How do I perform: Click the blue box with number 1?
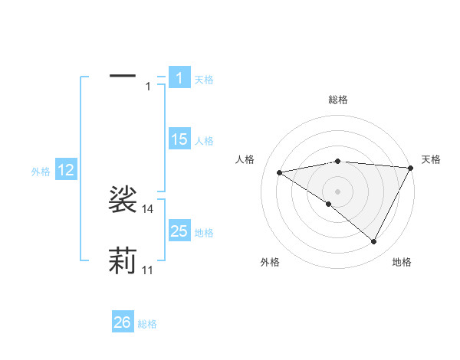click(179, 78)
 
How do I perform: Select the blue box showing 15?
click(179, 139)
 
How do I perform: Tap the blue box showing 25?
click(179, 231)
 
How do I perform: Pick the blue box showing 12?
click(66, 170)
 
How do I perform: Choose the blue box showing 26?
click(122, 322)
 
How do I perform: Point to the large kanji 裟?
click(123, 200)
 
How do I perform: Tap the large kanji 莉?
click(123, 260)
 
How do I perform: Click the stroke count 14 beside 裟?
click(148, 209)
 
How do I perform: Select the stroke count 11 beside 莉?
click(148, 270)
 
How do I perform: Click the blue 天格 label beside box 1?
click(204, 80)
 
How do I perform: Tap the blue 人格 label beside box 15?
click(204, 141)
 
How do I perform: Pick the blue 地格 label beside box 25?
click(204, 232)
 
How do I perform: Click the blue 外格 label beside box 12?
click(41, 172)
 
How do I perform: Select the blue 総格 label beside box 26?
click(147, 324)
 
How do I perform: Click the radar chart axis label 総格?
click(337, 100)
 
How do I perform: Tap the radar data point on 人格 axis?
click(280, 172)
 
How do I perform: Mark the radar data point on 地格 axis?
click(374, 242)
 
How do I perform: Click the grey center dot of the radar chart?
click(337, 191)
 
